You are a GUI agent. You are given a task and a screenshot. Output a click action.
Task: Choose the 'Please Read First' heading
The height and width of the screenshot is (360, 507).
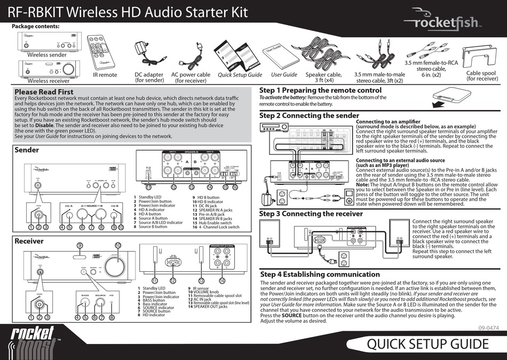[44, 92]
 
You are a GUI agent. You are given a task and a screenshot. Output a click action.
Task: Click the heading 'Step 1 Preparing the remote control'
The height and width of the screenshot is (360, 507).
[320, 90]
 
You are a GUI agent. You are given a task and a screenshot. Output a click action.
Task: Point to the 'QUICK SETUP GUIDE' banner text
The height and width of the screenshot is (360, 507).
[427, 343]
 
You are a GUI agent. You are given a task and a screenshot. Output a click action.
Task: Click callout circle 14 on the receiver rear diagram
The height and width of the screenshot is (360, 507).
[221, 280]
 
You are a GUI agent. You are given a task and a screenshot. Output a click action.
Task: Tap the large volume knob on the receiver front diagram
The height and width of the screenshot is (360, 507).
[118, 264]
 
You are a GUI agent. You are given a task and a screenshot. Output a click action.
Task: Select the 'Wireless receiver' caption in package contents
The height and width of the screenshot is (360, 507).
[48, 81]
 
